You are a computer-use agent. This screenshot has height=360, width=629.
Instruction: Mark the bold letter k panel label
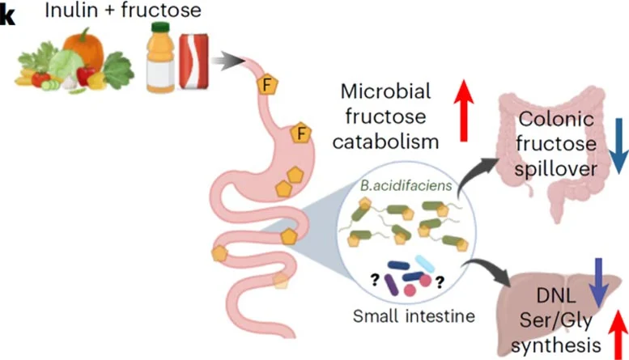point(7,14)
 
